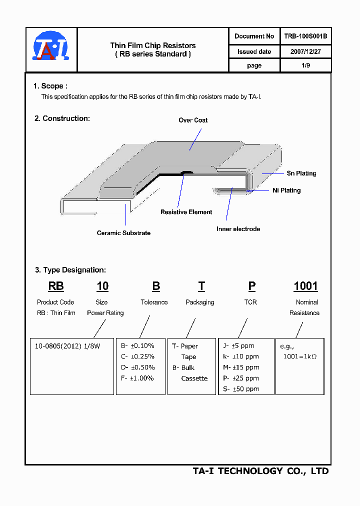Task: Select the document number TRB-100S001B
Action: point(305,36)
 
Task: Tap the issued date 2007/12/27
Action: point(305,51)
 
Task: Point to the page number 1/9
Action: point(305,65)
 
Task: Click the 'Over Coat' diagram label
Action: point(193,120)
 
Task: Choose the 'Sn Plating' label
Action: point(301,173)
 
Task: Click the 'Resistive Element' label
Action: point(186,212)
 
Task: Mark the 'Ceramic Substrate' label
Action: point(123,233)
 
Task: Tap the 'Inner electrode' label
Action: point(238,229)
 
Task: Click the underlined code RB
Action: point(56,286)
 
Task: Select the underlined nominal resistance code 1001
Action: point(305,286)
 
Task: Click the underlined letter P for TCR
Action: point(252,286)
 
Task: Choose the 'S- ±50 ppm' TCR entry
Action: point(241,389)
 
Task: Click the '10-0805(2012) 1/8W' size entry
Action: point(67,345)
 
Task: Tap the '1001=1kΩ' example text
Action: point(300,356)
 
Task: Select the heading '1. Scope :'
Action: point(50,86)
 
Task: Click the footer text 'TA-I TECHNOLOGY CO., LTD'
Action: point(260,471)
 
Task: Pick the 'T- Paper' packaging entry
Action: point(185,346)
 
